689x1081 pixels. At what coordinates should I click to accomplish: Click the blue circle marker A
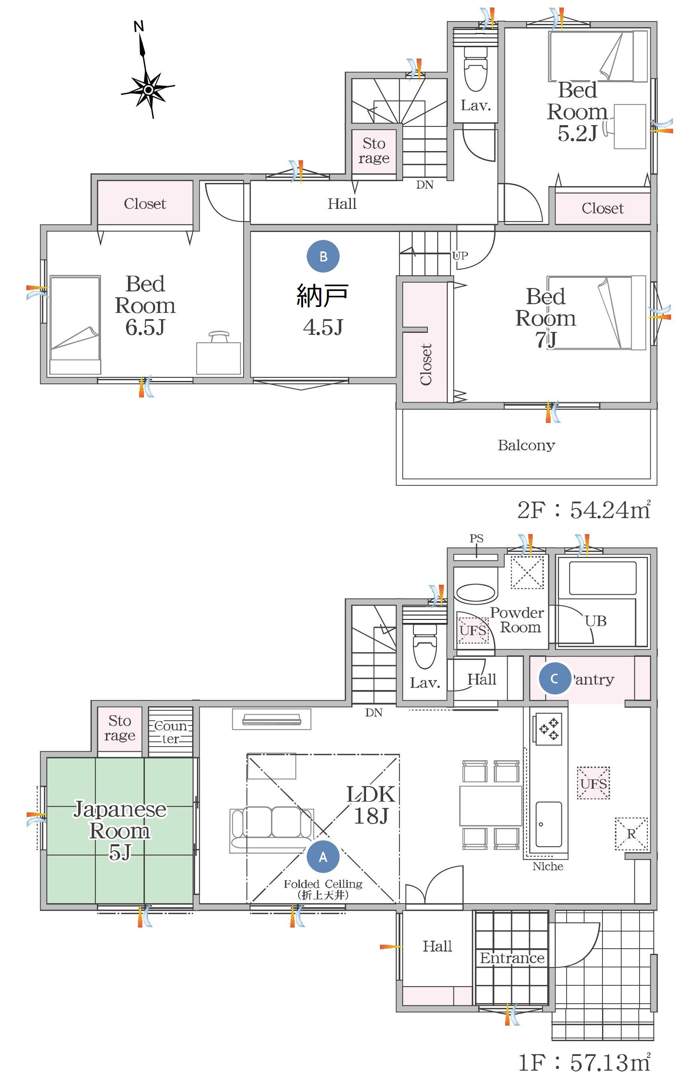pos(323,857)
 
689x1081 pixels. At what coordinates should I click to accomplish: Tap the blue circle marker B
pos(323,256)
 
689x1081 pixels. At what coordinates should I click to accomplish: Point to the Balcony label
pos(526,445)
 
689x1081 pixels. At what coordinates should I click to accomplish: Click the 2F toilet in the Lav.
pos(475,67)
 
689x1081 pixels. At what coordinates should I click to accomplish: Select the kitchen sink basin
pos(548,824)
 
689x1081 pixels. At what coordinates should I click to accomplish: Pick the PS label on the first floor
pos(476,538)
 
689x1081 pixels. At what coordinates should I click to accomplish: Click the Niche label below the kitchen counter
pos(547,866)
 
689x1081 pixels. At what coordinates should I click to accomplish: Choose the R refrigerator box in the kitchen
pos(631,833)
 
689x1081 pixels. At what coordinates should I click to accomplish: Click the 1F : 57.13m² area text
pos(585,1062)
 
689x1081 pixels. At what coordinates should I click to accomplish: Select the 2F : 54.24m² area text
pos(584,509)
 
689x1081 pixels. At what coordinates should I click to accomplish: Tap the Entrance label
pos(512,958)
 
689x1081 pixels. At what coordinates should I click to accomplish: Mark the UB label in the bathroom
pos(596,621)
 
